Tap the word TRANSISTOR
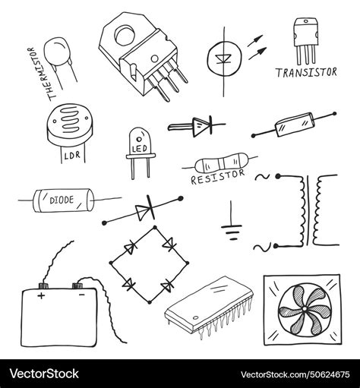306,73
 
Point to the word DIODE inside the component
62,201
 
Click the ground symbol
231,227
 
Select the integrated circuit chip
208,303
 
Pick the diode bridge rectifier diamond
145,262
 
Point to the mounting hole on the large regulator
123,35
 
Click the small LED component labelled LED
140,147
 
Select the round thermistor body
58,53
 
